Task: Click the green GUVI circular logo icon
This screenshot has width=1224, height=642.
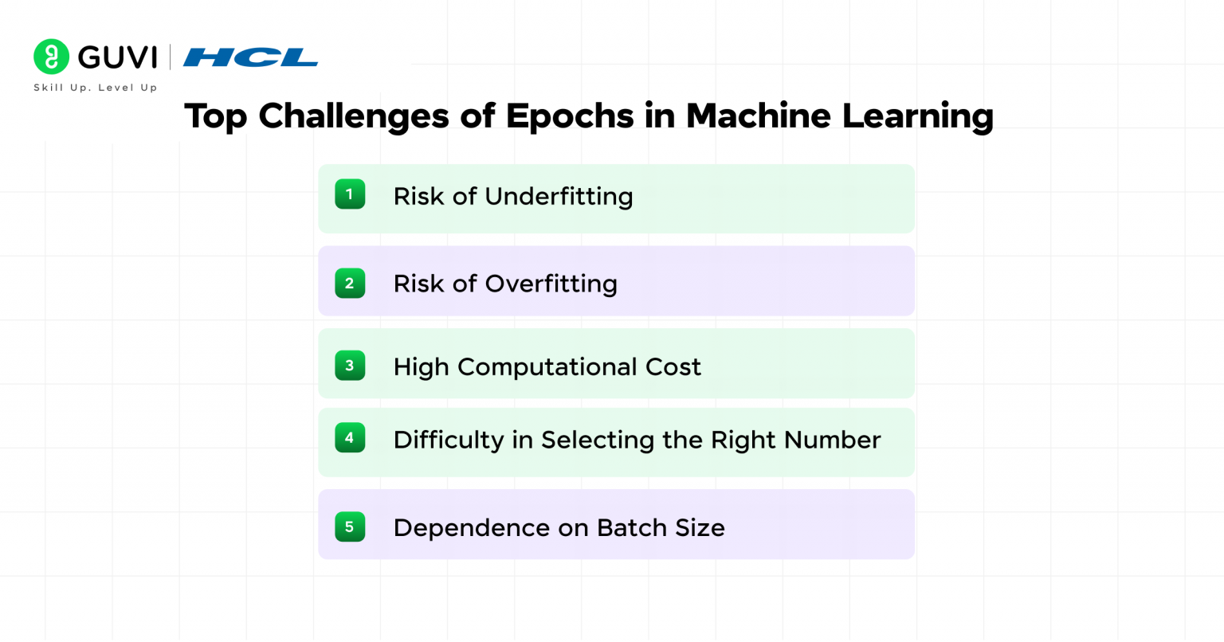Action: point(51,57)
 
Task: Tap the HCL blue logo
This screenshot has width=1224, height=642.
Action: point(250,57)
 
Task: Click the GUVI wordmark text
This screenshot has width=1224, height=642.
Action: point(117,57)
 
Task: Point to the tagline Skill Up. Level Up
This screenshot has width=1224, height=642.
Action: point(96,88)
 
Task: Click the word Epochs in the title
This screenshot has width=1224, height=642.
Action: point(570,116)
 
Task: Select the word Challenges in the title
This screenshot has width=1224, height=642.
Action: point(355,116)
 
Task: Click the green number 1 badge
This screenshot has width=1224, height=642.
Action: point(350,194)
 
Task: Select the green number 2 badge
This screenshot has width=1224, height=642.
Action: point(350,284)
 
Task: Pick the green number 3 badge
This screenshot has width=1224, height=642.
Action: point(350,366)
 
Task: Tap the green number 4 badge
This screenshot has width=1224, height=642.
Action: point(350,437)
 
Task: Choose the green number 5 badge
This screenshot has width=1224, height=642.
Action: point(350,527)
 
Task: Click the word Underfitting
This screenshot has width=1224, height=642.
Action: point(559,197)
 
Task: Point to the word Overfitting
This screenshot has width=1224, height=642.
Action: point(551,284)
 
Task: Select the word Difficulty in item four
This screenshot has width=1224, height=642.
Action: point(448,440)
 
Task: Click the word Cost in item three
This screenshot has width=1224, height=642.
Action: point(673,367)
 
